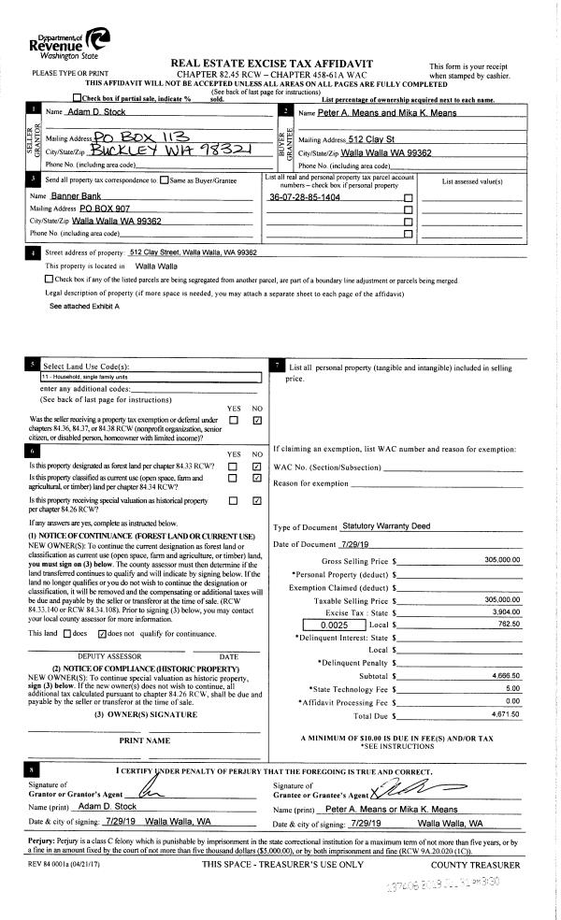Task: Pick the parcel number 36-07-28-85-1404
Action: pos(304,198)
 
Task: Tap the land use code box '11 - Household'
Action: pos(149,378)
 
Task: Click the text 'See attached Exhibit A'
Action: pos(84,306)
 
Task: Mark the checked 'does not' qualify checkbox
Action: pos(103,633)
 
